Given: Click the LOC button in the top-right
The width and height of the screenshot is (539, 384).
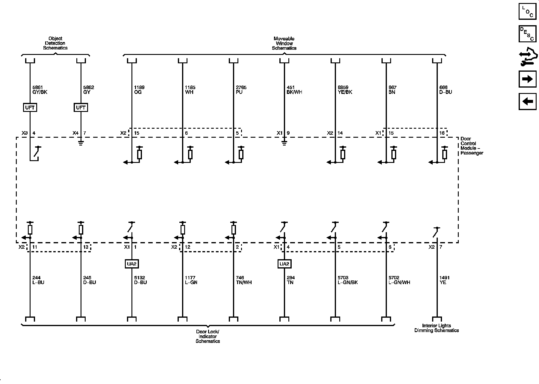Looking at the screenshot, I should tap(527, 11).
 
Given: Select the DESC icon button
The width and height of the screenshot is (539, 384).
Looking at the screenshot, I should tap(527, 34).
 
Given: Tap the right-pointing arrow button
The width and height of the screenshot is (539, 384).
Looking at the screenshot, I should tap(527, 79).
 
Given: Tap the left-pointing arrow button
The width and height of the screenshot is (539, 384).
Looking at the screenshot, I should tap(527, 101).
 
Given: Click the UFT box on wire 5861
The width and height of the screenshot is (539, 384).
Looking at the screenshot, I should tap(30, 107).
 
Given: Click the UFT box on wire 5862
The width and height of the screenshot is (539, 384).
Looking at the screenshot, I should tap(81, 107).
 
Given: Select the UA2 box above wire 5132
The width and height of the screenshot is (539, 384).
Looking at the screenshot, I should tap(132, 264).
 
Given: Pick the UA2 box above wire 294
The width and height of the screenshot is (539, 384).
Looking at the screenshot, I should tap(284, 264).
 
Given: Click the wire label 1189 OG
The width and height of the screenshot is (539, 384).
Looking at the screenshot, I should tap(139, 90).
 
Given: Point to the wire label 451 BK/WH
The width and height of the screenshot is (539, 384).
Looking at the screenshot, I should tap(294, 90).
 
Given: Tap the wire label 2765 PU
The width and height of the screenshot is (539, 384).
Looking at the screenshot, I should tap(241, 90).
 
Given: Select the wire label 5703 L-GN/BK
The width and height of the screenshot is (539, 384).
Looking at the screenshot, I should tap(348, 280).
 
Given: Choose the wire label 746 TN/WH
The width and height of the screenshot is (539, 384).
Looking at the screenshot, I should tap(244, 280).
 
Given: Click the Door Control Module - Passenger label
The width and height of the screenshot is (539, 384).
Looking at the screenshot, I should tap(472, 146).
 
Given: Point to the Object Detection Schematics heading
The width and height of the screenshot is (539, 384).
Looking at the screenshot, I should tap(55, 43).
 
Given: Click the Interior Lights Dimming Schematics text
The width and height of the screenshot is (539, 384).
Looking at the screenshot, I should tap(436, 328).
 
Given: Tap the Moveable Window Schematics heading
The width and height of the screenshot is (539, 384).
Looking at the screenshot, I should tap(284, 43).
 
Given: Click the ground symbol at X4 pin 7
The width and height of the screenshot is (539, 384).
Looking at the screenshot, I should tap(81, 143).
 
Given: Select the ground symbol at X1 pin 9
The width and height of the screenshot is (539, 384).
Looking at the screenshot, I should tap(284, 143).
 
